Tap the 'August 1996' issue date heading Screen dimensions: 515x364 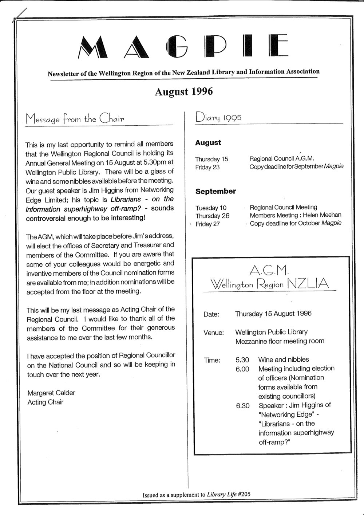point(183,91)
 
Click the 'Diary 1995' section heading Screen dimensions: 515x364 point(218,117)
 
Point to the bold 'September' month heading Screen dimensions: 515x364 point(215,191)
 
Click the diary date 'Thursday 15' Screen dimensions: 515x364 point(211,159)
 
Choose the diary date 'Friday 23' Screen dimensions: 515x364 point(207,168)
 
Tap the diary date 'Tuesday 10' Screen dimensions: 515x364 point(211,208)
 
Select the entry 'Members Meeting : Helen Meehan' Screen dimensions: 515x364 point(296,215)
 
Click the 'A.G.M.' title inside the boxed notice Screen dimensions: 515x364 point(269,270)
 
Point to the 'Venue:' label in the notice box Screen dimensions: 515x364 point(214,333)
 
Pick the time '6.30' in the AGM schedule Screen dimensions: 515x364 point(242,406)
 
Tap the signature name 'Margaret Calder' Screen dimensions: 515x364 point(51,393)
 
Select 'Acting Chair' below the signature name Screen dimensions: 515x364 point(45,402)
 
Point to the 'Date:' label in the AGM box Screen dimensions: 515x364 point(211,314)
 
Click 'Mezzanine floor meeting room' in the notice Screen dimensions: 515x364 point(280,341)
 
